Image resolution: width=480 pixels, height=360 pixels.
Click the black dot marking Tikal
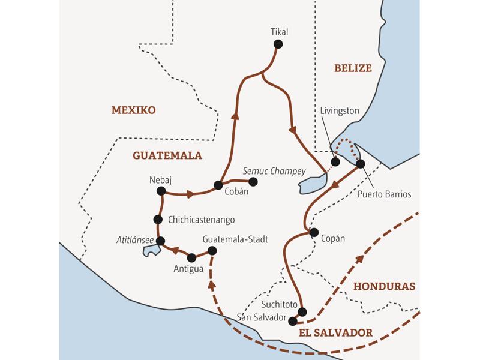tap(277, 44)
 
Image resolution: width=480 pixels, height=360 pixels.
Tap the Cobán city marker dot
tap(218, 185)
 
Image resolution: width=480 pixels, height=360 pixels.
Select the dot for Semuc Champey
tap(253, 181)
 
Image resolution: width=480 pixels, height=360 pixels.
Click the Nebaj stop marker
tap(160, 191)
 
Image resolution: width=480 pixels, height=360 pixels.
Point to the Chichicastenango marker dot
tap(158, 220)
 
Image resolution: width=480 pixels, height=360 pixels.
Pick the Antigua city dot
tap(191, 257)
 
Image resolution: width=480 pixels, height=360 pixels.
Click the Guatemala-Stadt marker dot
tap(211, 251)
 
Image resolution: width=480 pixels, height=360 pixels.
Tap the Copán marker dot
tap(313, 232)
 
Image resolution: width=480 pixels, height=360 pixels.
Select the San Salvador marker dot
tap(293, 320)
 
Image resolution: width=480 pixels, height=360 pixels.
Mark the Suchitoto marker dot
tap(302, 311)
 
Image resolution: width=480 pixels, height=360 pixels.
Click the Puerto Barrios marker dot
tap(360, 163)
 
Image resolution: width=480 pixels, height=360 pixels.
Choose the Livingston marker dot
tap(335, 162)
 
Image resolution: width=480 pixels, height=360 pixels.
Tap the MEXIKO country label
tap(133, 110)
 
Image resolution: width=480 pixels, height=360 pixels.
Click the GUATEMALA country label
tap(167, 155)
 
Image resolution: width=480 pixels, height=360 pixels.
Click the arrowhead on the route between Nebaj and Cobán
tap(191, 194)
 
